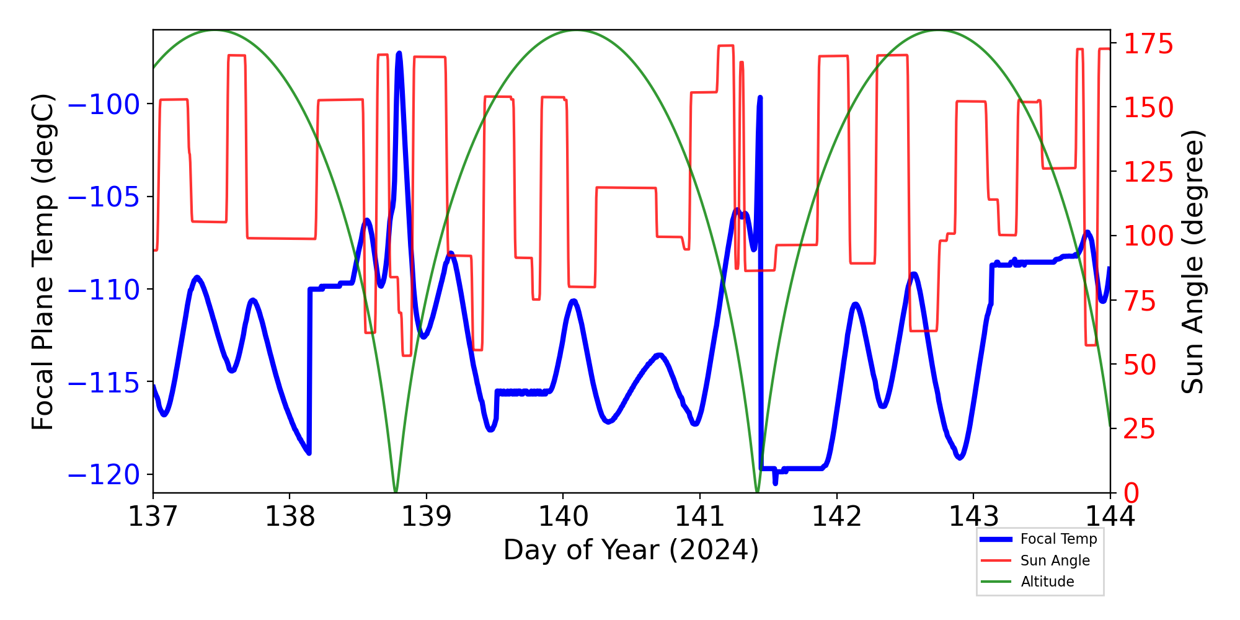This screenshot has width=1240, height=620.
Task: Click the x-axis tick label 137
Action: pos(153,516)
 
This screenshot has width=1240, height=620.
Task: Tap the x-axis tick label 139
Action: pos(427,516)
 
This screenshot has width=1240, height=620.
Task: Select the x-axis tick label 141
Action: pos(700,516)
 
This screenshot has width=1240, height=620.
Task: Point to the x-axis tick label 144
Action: pos(1110,516)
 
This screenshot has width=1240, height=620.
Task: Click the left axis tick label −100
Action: pos(104,104)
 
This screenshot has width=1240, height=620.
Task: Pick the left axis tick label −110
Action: pos(104,290)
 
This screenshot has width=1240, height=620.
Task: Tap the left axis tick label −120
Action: pos(104,475)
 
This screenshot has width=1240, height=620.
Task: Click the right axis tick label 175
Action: pos(1149,44)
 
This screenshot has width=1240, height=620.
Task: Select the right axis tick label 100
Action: pos(1149,236)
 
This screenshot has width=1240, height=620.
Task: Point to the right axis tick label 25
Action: pos(1140,429)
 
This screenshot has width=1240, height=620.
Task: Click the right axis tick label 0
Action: pos(1131,494)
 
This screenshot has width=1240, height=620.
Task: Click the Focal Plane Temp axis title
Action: pos(43,262)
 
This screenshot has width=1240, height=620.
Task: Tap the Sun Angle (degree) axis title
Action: pos(1192,262)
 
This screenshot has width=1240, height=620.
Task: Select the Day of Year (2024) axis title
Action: pos(631,550)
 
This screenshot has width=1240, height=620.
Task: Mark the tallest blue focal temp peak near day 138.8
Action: pos(399,54)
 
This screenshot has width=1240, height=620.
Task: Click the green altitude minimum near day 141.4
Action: pos(757,492)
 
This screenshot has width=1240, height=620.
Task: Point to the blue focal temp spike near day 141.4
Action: pos(760,98)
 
